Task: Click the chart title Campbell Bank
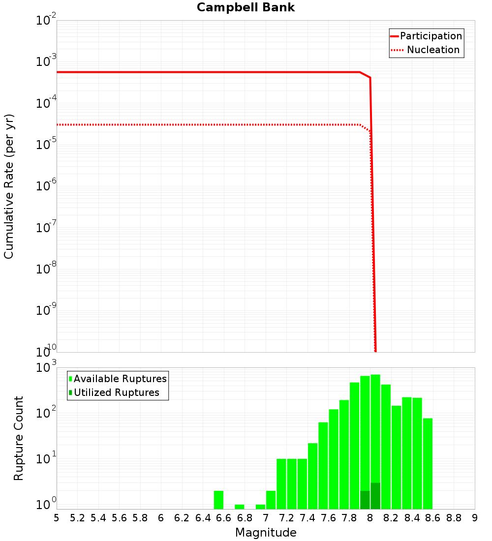coord(246,7)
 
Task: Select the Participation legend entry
coord(430,36)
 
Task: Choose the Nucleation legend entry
coord(432,50)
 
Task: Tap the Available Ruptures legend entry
coord(120,379)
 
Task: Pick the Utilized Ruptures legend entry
coord(116,392)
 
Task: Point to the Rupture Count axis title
coord(19,438)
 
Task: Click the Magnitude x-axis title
coord(266,533)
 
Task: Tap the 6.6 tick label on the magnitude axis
coord(224,518)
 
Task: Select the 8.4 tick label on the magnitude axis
coord(412,518)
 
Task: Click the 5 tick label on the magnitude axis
coord(57,518)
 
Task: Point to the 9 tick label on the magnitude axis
coord(474,518)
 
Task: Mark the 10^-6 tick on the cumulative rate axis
coord(46,186)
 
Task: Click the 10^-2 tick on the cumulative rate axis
coord(46,21)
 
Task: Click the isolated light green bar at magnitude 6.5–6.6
coord(219,500)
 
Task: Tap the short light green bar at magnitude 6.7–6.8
coord(240,507)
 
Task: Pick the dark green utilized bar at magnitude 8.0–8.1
coord(375,496)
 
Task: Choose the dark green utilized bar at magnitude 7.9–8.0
coord(365,500)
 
